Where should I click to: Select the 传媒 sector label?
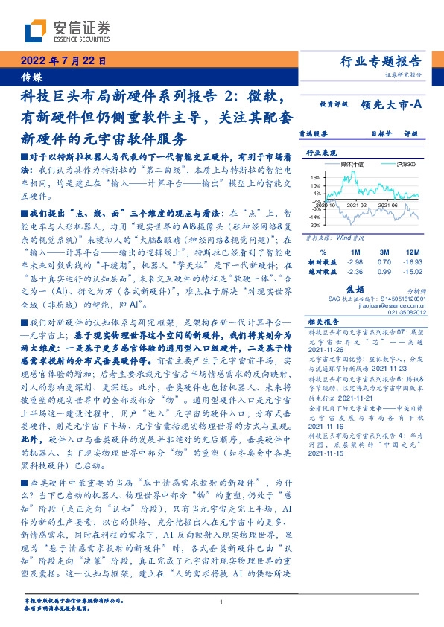tap(30, 77)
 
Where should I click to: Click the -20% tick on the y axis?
tap(314, 224)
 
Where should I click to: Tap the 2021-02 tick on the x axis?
tap(361, 202)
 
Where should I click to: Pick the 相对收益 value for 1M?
tap(355, 263)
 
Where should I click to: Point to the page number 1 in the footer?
tap(222, 602)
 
